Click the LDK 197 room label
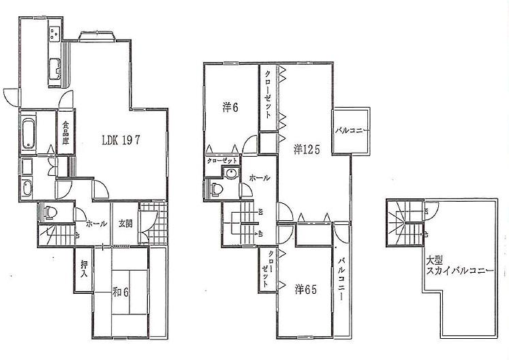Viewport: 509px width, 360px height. (121, 141)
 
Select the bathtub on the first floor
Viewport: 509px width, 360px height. (28, 132)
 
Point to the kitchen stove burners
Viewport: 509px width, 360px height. (55, 35)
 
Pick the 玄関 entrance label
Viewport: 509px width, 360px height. (125, 222)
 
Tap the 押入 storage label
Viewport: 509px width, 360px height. (84, 269)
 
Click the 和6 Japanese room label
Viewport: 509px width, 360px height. (121, 292)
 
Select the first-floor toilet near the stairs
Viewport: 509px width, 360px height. (48, 213)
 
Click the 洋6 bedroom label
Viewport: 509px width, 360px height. (229, 107)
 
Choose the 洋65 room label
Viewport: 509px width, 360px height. (306, 289)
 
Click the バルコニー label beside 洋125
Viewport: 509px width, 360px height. (352, 131)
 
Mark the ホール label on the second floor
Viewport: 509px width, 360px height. (260, 178)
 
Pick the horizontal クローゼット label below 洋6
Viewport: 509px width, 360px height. (223, 160)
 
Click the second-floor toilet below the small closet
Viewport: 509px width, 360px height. (217, 188)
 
